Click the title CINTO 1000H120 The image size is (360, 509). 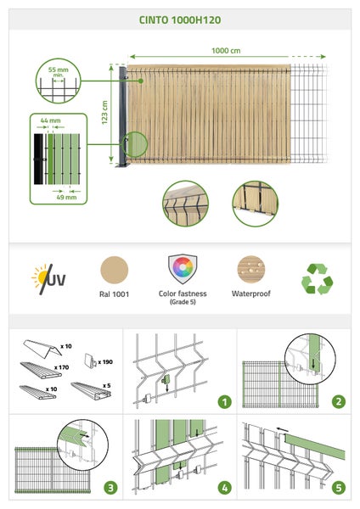click(x=180, y=20)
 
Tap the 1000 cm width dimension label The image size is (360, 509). click(x=226, y=51)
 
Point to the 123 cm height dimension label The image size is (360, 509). click(x=104, y=113)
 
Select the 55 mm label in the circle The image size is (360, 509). click(x=59, y=70)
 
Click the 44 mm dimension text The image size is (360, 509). click(x=50, y=120)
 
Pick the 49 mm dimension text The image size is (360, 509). click(x=66, y=197)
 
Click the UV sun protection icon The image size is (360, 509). click(x=48, y=279)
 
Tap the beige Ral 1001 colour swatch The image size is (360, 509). click(x=115, y=270)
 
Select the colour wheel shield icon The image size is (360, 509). click(x=183, y=269)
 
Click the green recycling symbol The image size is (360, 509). click(x=317, y=279)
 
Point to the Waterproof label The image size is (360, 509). click(x=250, y=294)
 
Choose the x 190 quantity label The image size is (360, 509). click(x=105, y=361)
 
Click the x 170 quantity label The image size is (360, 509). click(x=62, y=367)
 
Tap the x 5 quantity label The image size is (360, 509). click(x=107, y=385)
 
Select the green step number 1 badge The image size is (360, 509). click(x=224, y=402)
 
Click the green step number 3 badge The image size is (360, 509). click(x=110, y=488)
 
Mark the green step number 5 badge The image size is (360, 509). click(x=339, y=488)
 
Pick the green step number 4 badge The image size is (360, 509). click(x=224, y=488)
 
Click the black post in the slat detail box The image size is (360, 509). click(x=38, y=159)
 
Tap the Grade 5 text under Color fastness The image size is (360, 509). click(x=183, y=302)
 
